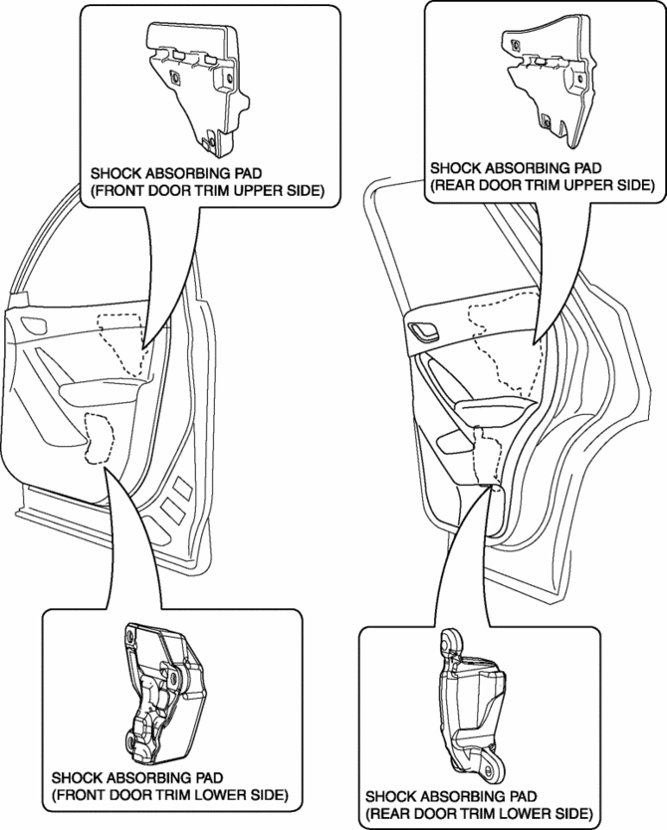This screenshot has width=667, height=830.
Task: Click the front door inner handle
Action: (x=34, y=325)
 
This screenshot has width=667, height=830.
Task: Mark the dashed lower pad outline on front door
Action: (x=100, y=439)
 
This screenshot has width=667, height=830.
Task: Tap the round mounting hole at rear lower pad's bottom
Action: (x=489, y=767)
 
